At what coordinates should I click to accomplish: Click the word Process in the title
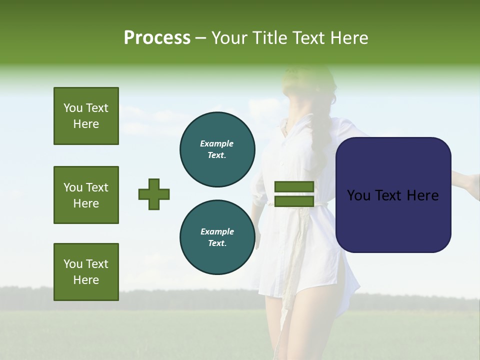(157, 38)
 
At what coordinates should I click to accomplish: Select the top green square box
(86, 116)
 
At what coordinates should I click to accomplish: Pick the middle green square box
(86, 195)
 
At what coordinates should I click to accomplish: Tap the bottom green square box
(86, 272)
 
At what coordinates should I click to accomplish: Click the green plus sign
(154, 194)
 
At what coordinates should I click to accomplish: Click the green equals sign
(294, 194)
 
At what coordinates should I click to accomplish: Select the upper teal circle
(217, 149)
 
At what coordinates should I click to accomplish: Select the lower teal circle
(217, 237)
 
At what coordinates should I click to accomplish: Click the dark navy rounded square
(393, 195)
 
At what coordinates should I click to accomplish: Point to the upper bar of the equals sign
(294, 186)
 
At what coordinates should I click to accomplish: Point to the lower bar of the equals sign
(294, 201)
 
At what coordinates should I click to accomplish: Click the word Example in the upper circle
(217, 143)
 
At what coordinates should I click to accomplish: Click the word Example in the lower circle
(217, 231)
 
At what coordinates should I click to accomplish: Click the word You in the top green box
(72, 108)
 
